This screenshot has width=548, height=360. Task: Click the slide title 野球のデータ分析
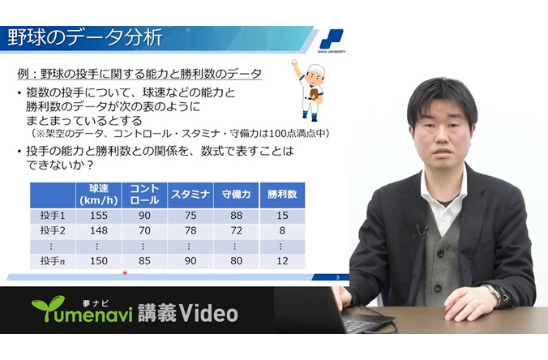[x=85, y=37]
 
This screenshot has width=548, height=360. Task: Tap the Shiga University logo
[x=332, y=41]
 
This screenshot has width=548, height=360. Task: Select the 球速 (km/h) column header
[x=99, y=195]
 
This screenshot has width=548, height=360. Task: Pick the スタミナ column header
[x=191, y=195]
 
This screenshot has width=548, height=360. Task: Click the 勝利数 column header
[x=282, y=195]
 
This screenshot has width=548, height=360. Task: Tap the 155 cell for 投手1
[x=99, y=216]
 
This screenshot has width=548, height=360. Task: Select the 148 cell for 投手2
[x=99, y=231]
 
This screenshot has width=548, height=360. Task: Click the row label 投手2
[x=53, y=231]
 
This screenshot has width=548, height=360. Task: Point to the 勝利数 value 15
[x=282, y=216]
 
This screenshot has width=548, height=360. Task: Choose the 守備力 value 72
[x=236, y=231]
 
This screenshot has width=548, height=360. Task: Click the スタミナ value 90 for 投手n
[x=191, y=261]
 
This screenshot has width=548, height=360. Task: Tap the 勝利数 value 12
[x=282, y=261]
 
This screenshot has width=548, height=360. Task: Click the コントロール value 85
[x=144, y=261]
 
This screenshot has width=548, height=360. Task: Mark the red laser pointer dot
[x=125, y=273]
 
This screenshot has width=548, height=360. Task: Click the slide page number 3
[x=337, y=278]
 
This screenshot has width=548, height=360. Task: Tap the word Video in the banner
[x=208, y=313]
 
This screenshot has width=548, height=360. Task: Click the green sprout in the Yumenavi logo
[x=49, y=306]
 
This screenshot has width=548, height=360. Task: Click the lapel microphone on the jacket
[x=420, y=229]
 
